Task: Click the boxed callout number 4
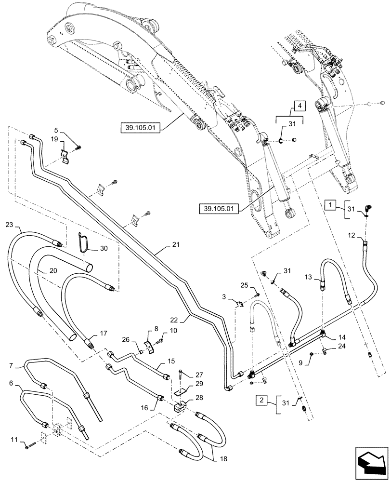point(299,105)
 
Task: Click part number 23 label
point(10,225)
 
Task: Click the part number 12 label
point(352,235)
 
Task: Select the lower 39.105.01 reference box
point(218,209)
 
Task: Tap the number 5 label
point(56,130)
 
